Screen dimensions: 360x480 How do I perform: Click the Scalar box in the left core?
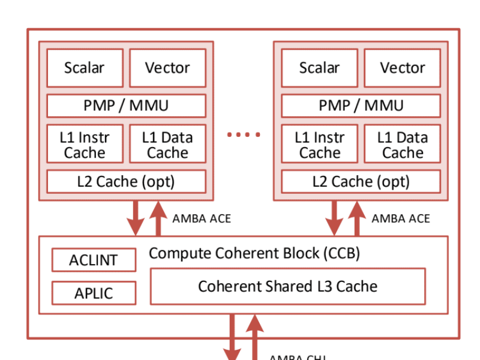pos(85,68)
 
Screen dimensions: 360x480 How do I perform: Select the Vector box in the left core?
pos(167,68)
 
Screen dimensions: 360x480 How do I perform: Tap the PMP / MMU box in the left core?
pos(126,106)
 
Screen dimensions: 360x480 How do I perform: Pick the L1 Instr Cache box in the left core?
pos(85,144)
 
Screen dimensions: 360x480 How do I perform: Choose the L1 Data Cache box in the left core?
pos(167,144)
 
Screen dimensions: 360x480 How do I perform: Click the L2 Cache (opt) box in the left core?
pos(126,181)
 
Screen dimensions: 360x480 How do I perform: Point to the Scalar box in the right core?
pos(319,68)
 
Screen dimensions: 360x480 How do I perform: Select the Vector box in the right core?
pos(402,68)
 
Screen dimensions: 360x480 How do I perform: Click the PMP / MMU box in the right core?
pos(361,106)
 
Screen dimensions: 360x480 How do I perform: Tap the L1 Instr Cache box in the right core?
pos(319,144)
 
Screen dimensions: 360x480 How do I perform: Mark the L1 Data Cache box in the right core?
pos(402,144)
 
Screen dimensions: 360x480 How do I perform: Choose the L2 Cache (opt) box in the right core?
pos(361,181)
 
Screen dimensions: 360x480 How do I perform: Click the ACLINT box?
pos(93,260)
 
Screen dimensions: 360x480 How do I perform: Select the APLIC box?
pos(93,293)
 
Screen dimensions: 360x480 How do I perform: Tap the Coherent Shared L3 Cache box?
pos(287,286)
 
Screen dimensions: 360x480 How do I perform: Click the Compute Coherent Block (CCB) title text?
pos(254,253)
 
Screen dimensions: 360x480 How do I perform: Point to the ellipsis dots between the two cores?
pos(243,135)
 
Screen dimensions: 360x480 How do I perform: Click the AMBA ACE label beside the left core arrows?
pos(201,218)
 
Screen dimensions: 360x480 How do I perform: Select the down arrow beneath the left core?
pos(136,218)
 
